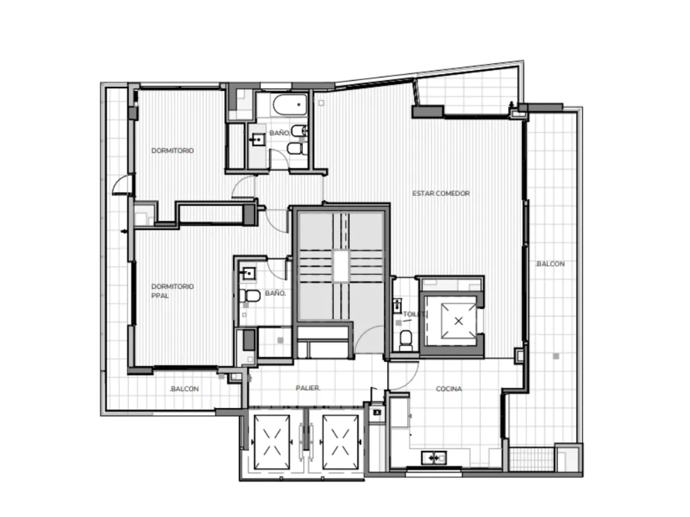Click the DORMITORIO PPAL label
[x=172, y=291]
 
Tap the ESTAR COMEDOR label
[x=441, y=194]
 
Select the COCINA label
[x=449, y=388]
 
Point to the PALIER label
[x=308, y=388]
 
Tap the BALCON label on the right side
[x=550, y=264]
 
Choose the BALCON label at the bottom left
[x=184, y=389]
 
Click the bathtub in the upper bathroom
[x=290, y=104]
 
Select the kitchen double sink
[x=434, y=458]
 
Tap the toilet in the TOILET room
[x=406, y=339]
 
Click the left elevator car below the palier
[x=272, y=442]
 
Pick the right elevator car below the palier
[x=340, y=442]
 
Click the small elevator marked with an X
[x=458, y=321]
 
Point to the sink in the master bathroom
[x=249, y=274]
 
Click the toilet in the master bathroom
[x=250, y=296]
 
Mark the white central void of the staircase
[x=340, y=266]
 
